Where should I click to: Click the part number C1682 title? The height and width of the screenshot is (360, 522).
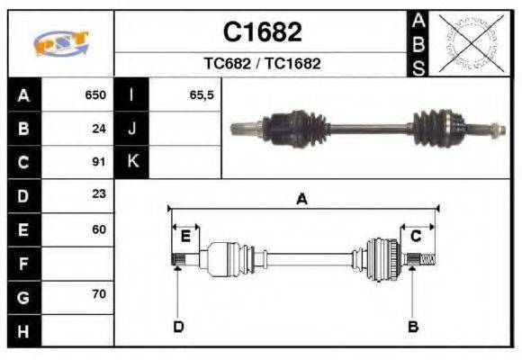tap(262, 32)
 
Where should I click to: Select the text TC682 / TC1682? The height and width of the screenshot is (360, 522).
tap(262, 64)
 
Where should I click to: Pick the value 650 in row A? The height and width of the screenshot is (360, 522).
tap(95, 94)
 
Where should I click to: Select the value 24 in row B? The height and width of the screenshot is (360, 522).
tap(100, 129)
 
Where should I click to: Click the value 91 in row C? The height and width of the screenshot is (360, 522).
tap(100, 162)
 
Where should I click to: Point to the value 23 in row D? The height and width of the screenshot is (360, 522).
tap(99, 194)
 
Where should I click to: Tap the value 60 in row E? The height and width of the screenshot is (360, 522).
tap(99, 229)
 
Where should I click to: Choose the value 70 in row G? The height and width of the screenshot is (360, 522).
tap(99, 295)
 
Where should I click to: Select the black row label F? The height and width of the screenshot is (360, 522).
tap(22, 263)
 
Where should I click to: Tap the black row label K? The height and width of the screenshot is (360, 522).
tap(131, 162)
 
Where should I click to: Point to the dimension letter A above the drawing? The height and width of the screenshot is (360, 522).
tap(301, 200)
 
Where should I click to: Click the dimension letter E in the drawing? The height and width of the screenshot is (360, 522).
tap(185, 237)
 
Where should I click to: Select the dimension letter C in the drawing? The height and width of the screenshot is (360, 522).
tap(416, 236)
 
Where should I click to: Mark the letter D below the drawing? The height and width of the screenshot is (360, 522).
tap(178, 326)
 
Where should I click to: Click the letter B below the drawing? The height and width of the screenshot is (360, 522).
tap(413, 326)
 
